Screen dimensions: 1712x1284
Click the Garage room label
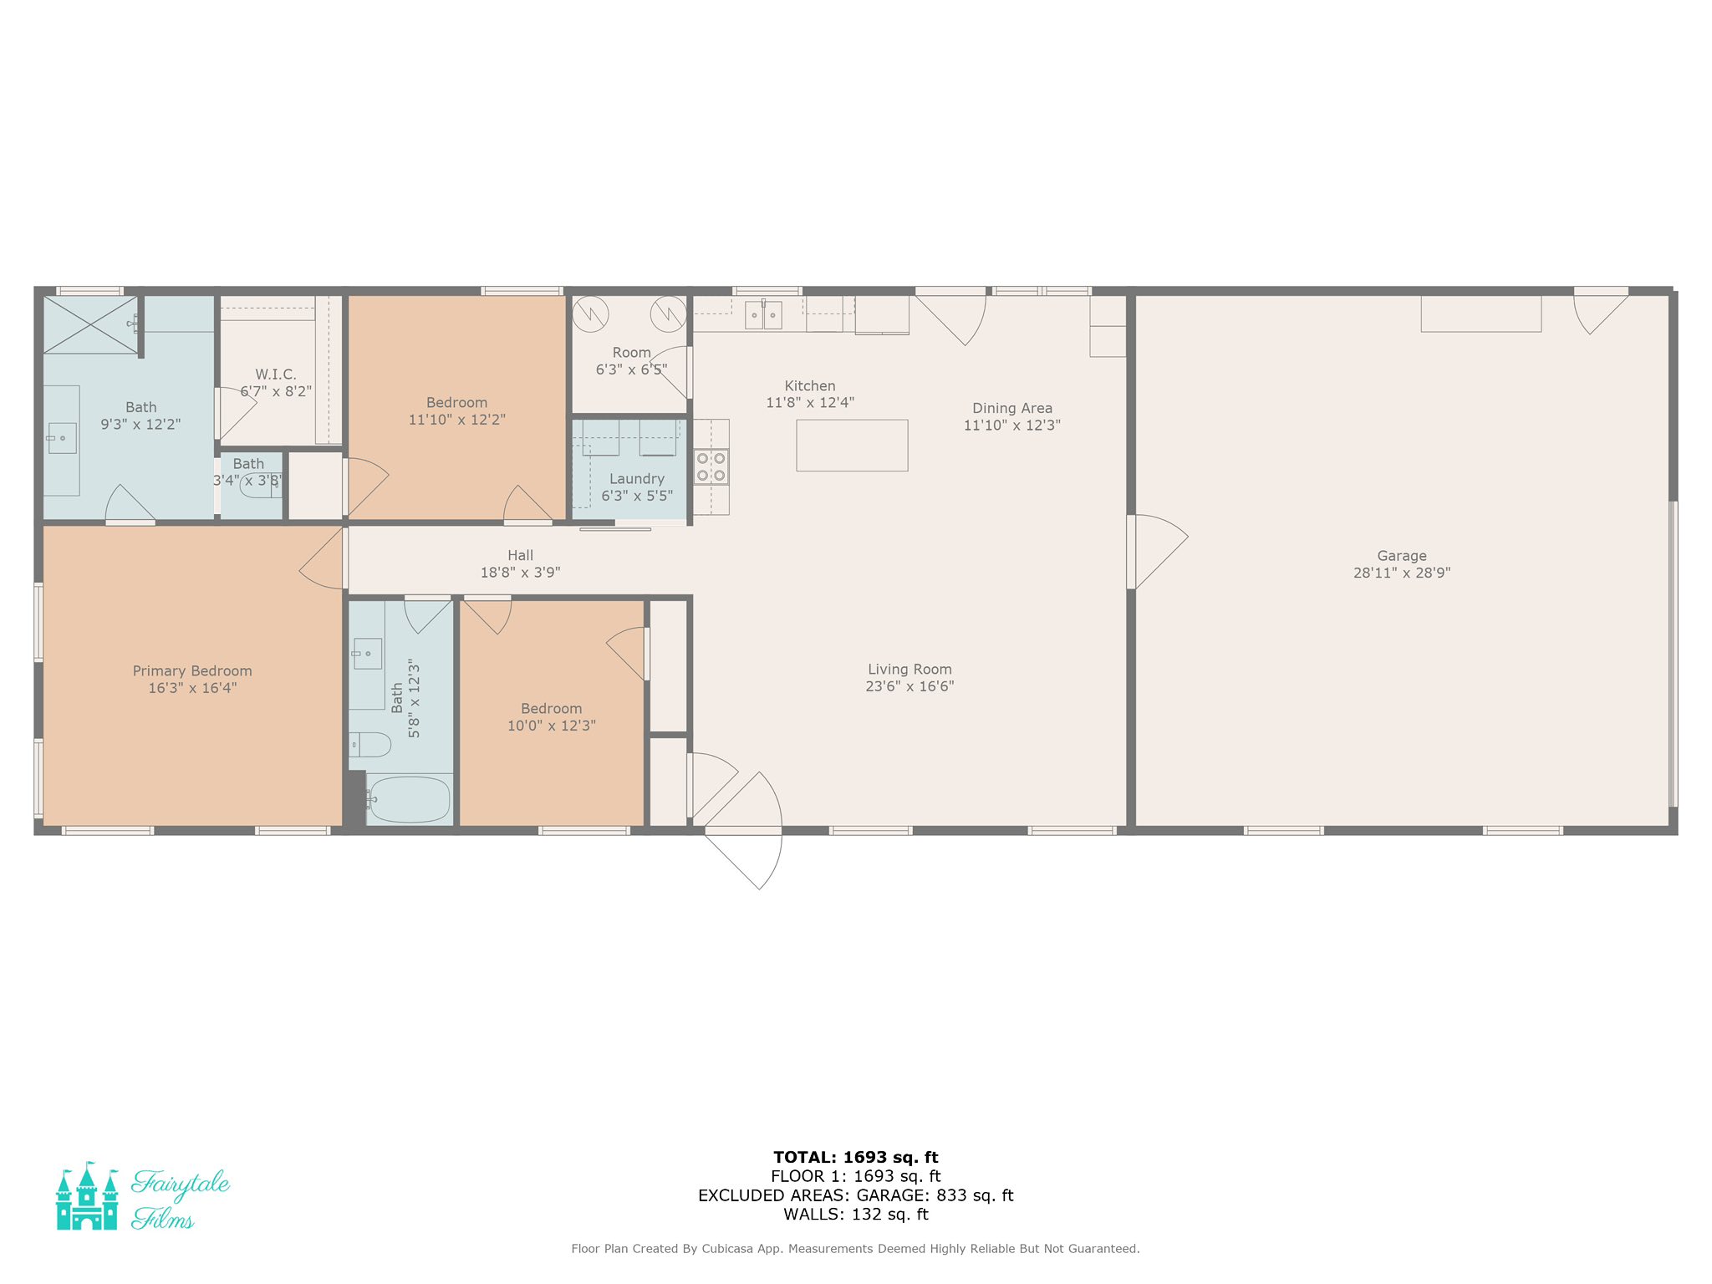tap(1402, 556)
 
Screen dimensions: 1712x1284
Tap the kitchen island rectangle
tap(852, 446)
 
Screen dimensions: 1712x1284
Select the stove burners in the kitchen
tap(711, 467)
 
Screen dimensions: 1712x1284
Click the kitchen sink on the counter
tap(763, 315)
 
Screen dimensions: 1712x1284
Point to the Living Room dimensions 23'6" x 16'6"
tap(909, 686)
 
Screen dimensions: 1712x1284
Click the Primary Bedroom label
tap(192, 671)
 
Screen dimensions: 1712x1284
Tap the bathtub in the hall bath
tap(410, 799)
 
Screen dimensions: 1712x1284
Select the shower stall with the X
tap(90, 324)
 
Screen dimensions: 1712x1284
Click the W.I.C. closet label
tap(276, 374)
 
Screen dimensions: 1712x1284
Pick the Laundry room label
tap(637, 479)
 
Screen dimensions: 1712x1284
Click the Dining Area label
tap(1012, 408)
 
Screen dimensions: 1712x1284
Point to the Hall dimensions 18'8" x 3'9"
tap(520, 573)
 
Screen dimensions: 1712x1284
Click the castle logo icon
tap(87, 1196)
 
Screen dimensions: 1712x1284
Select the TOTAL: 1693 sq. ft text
tap(856, 1158)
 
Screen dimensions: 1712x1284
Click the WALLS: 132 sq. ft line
tap(856, 1215)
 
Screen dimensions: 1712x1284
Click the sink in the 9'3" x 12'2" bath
tap(62, 438)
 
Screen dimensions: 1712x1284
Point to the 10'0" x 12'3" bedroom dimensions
tap(552, 726)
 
